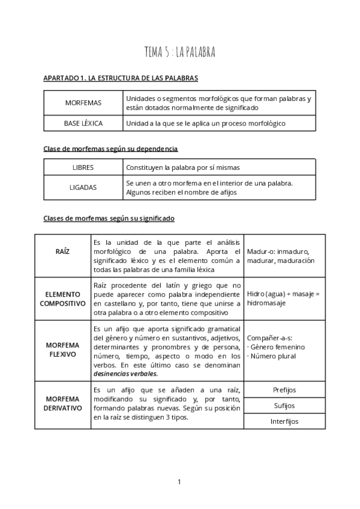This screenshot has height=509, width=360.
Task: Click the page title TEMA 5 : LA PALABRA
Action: pos(179,53)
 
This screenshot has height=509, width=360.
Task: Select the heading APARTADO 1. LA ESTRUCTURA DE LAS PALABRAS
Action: pos(121,79)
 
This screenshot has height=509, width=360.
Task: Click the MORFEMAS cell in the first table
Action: pos(83,103)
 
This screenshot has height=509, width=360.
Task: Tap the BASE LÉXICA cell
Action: pos(83,123)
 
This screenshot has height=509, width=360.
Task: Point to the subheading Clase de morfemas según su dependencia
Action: pos(110,148)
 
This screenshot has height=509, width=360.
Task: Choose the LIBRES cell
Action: pos(83,167)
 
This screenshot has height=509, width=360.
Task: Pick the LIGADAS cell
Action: pos(83,187)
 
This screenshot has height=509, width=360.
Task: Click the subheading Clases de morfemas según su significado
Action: pos(109,218)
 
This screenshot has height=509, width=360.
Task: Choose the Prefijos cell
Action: pos(284,390)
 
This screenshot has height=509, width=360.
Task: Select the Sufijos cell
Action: pos(284,405)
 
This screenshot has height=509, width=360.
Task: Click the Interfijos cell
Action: pos(284,421)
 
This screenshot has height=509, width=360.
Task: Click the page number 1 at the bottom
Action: pos(179,481)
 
